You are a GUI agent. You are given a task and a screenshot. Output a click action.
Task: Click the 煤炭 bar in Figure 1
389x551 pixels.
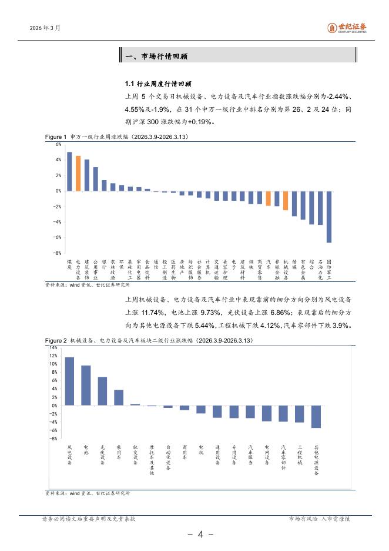69,171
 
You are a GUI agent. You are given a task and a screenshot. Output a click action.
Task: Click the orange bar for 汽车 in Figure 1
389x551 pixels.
269,198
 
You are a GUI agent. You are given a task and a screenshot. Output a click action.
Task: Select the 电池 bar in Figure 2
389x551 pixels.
86,386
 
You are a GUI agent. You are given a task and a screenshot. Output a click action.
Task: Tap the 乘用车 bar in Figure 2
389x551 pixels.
119,397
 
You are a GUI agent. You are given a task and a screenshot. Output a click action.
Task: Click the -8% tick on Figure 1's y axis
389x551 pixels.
58,253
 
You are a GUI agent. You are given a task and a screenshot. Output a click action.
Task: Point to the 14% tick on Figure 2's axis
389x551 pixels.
53,348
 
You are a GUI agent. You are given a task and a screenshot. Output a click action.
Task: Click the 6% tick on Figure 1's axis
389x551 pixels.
59,144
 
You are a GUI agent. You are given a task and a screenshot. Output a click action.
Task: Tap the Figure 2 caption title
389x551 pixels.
151,341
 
